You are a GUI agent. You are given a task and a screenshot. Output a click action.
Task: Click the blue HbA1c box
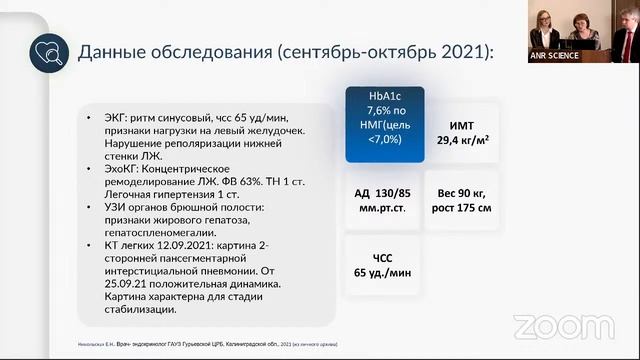384,125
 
